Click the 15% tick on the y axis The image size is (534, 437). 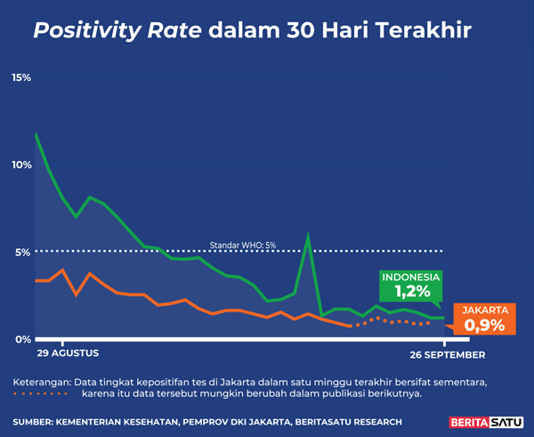point(20,78)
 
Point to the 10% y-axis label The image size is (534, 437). point(20,165)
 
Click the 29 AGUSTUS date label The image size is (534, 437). point(67,354)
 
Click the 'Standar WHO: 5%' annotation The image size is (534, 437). point(243,244)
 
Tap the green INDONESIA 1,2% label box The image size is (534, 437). point(412,284)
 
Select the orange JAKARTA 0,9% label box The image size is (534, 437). point(485,318)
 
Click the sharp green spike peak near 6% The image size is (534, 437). point(308,235)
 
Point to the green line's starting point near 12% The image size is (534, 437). point(36,134)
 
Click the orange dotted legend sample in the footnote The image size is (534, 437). point(41,393)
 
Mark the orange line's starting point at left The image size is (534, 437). point(36,280)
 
